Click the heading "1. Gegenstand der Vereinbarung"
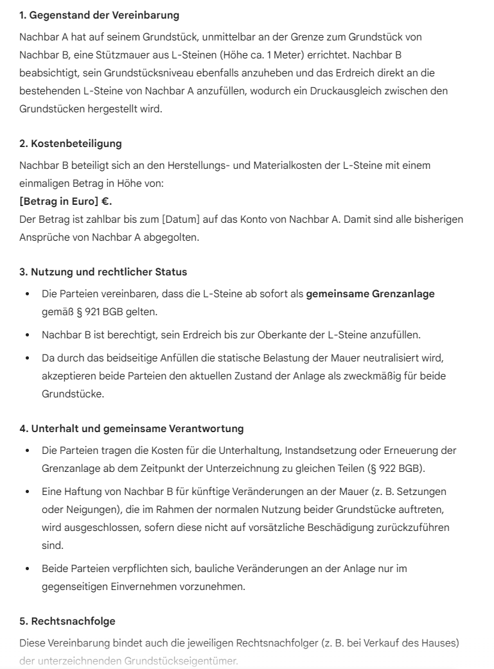click(100, 14)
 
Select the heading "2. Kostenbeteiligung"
click(71, 143)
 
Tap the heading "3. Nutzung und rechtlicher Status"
click(103, 272)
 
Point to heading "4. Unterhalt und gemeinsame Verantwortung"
click(132, 428)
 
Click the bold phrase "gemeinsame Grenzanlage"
click(370, 294)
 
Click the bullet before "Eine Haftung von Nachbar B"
click(26, 491)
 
